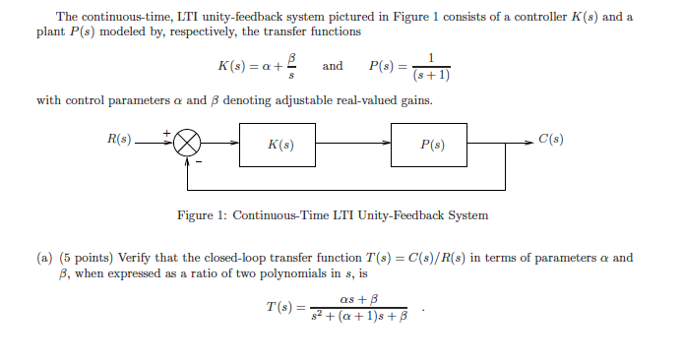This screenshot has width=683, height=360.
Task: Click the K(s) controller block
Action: pyautogui.click(x=279, y=145)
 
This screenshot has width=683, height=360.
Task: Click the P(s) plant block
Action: pyautogui.click(x=431, y=145)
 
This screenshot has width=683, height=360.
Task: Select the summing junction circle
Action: pyautogui.click(x=188, y=145)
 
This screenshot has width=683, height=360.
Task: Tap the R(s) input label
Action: pyautogui.click(x=119, y=139)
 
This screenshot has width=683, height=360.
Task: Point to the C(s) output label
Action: pyautogui.click(x=550, y=139)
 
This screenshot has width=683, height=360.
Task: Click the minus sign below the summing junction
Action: pyautogui.click(x=198, y=162)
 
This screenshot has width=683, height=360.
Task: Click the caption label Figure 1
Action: pyautogui.click(x=200, y=215)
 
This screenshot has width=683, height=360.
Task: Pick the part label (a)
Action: pyautogui.click(x=44, y=259)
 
